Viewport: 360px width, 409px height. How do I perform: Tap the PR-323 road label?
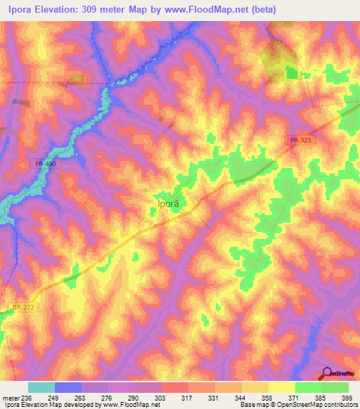(x=298, y=141)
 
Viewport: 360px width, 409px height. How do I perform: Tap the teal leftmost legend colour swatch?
(x=41, y=387)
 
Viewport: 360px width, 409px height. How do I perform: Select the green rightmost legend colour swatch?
(x=335, y=387)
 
